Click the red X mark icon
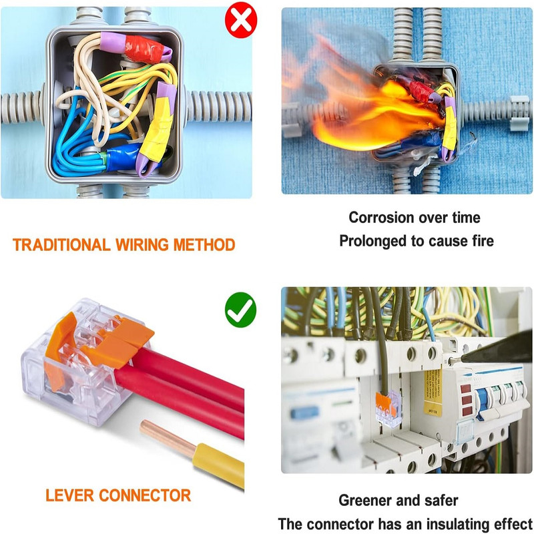tap(241, 20)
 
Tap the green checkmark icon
tap(240, 310)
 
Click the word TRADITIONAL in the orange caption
tap(61, 245)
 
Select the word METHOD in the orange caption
tap(204, 245)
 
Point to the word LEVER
tap(69, 495)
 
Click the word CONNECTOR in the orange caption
tap(145, 495)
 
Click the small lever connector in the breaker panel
tap(388, 408)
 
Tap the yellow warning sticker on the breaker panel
tap(433, 392)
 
